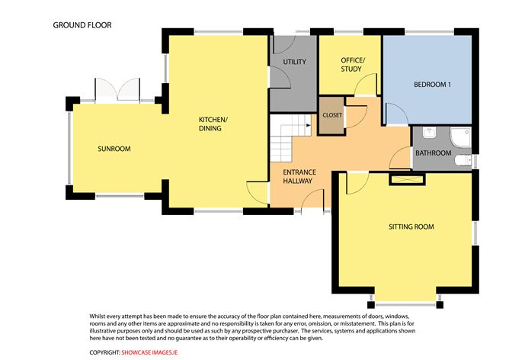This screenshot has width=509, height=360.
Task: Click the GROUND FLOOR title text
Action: click(x=82, y=25)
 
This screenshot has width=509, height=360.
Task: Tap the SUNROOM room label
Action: click(x=114, y=148)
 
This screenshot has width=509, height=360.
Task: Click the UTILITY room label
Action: click(x=294, y=60)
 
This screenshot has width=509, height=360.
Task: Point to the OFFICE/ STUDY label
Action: click(x=353, y=65)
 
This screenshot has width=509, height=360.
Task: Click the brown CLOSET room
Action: click(x=332, y=115)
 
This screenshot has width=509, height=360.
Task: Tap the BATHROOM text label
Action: click(x=433, y=153)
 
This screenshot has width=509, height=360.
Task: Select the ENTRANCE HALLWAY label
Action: click(x=299, y=177)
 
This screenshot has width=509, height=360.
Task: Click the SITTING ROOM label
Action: click(x=411, y=227)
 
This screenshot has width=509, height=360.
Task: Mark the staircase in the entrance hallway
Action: click(x=288, y=130)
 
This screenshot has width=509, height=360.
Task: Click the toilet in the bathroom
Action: click(x=430, y=134)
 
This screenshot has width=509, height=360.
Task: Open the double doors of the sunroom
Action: click(x=117, y=89)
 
